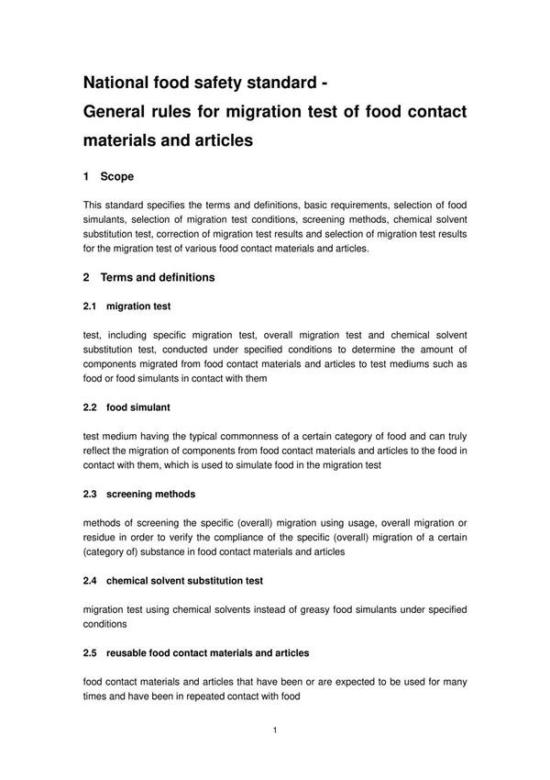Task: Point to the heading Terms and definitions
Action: pos(157,277)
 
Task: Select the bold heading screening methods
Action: pos(150,494)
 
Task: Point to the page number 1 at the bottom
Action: pos(275,730)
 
